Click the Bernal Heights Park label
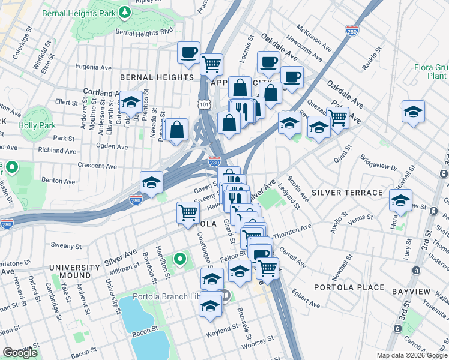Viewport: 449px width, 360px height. [x=93, y=13]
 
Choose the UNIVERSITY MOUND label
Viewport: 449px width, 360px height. [x=75, y=272]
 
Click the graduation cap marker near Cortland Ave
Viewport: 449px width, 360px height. [x=131, y=101]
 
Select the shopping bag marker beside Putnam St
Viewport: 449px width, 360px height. [x=178, y=129]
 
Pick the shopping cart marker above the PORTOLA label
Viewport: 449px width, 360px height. [x=188, y=212]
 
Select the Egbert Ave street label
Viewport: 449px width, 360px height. [x=306, y=299]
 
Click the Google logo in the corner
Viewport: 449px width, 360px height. [x=20, y=353]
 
